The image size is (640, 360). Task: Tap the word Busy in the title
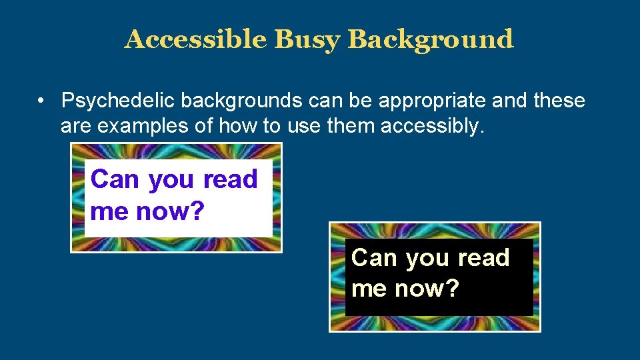307,40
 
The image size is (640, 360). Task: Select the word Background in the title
431,40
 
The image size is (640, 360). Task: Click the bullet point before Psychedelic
41,101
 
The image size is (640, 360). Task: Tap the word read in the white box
231,179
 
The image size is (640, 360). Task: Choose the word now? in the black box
427,290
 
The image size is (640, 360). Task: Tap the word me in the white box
109,213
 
